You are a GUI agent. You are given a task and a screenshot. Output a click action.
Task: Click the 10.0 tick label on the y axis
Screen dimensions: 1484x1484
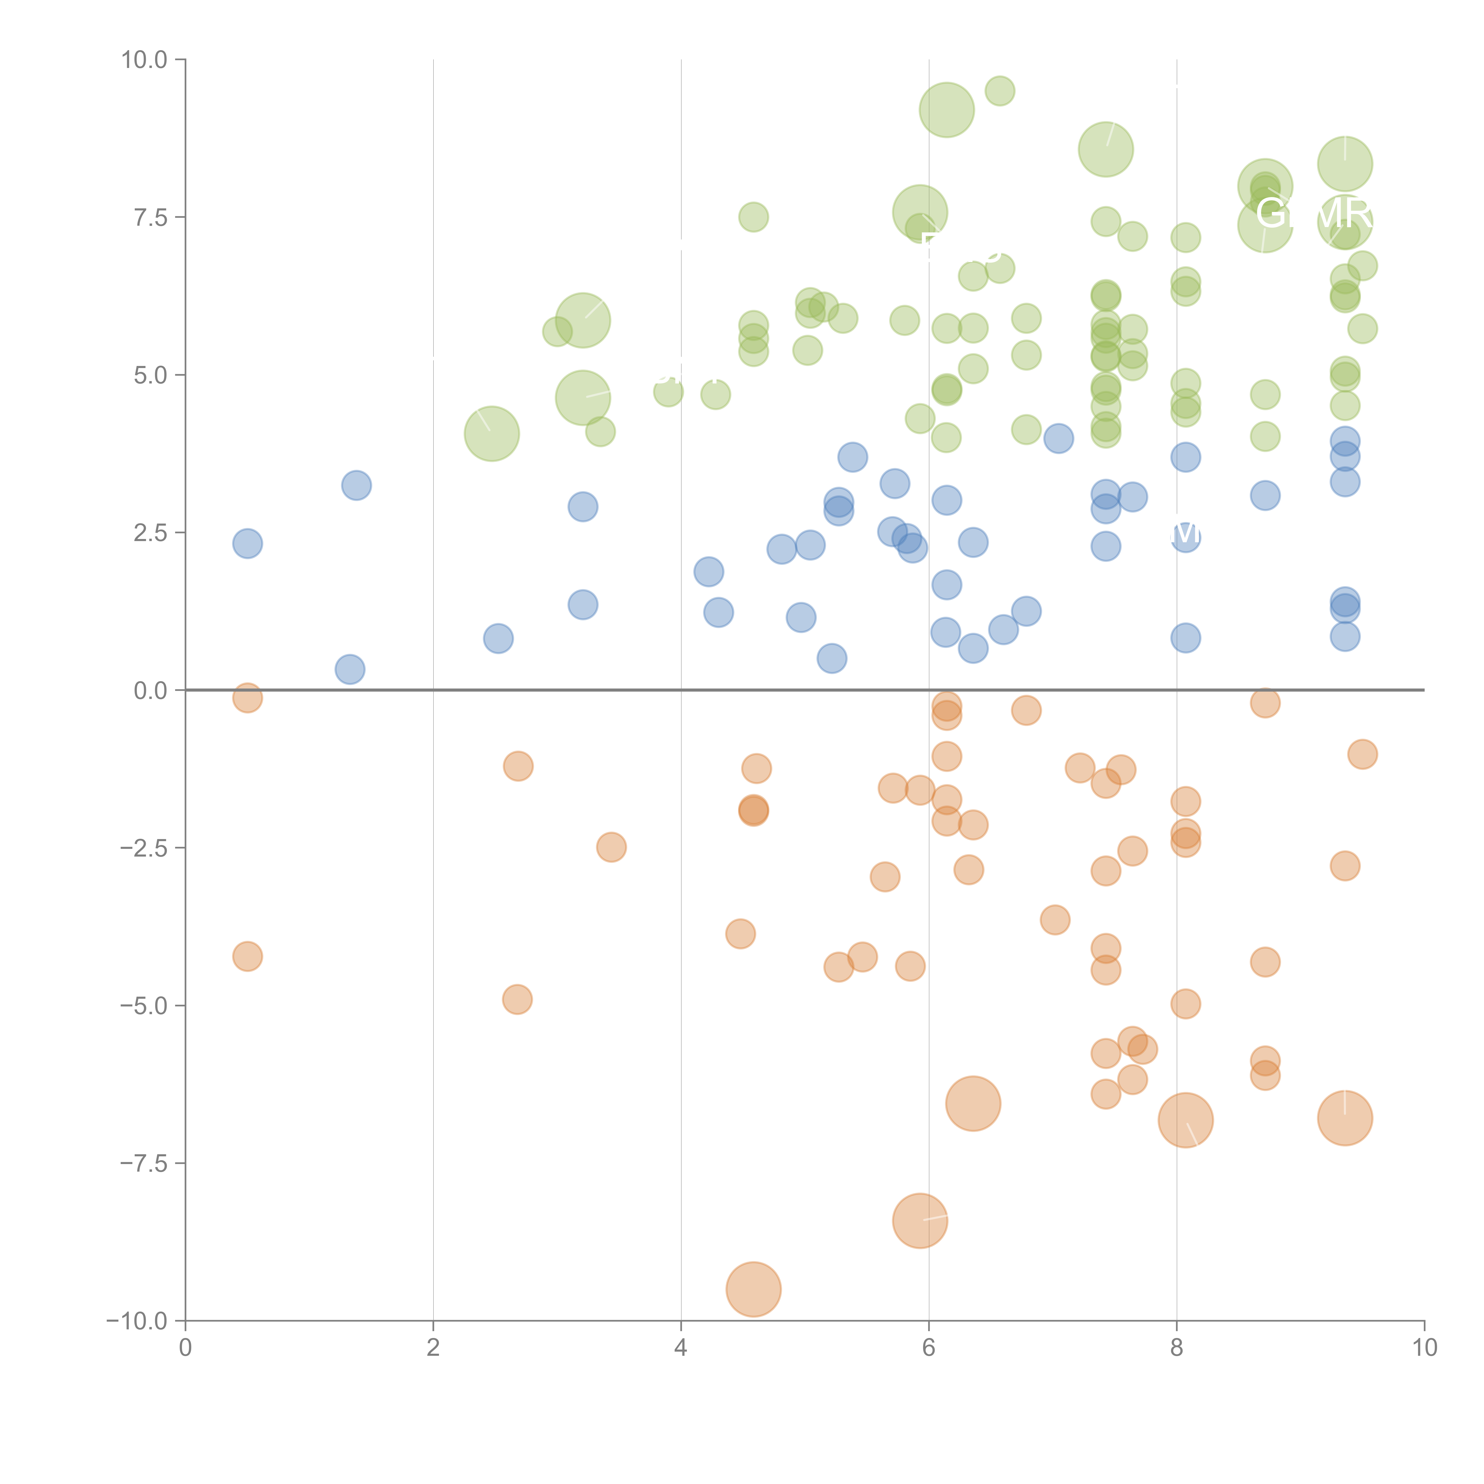145,60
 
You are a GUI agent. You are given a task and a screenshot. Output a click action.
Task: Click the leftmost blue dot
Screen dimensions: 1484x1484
247,544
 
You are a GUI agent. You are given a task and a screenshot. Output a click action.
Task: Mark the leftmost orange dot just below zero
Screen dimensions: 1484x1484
247,698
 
